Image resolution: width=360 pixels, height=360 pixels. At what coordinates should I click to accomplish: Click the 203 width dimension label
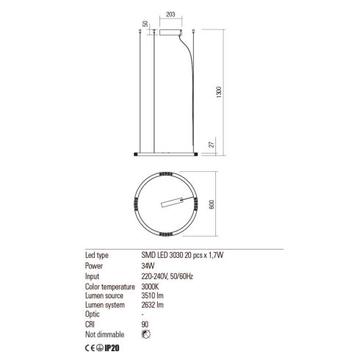pos(170,14)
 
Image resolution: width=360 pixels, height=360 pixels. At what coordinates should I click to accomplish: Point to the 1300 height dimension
pos(219,92)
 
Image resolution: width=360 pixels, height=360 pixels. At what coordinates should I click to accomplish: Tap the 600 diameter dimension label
pos(212,204)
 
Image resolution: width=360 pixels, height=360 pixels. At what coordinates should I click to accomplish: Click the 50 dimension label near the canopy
pos(145,24)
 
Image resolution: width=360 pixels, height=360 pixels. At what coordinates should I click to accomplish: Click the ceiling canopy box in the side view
pos(170,32)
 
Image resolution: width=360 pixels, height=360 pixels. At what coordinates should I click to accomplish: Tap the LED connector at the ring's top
pos(166,174)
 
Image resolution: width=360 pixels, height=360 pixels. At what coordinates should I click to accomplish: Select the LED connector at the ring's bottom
pos(166,234)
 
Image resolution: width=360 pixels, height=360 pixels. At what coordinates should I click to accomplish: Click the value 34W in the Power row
pos(148,266)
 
